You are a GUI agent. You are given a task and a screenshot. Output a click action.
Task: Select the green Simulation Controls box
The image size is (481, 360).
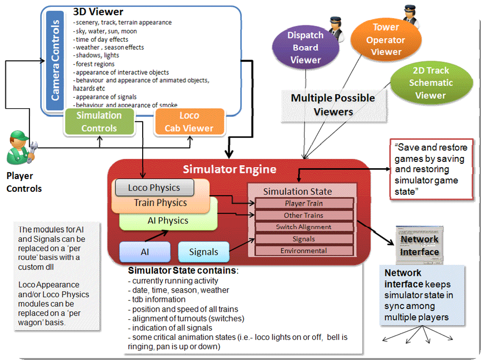click(x=99, y=122)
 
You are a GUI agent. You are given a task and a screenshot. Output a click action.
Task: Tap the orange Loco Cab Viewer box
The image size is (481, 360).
click(x=189, y=122)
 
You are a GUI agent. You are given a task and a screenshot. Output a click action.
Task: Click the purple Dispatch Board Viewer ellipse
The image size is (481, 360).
click(x=305, y=48)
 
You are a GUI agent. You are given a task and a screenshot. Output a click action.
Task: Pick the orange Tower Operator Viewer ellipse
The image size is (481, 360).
click(x=386, y=39)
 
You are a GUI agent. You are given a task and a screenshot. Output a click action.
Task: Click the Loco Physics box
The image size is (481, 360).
click(x=154, y=187)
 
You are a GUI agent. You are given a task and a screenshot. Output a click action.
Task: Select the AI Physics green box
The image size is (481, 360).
click(x=168, y=221)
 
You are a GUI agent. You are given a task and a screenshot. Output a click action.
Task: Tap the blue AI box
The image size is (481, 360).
click(x=145, y=251)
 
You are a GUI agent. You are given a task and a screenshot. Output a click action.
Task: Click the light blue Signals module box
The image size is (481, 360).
click(x=203, y=251)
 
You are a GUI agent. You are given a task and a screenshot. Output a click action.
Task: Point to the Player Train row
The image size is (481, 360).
click(x=304, y=203)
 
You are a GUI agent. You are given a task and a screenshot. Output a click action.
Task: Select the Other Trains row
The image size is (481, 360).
click(x=304, y=215)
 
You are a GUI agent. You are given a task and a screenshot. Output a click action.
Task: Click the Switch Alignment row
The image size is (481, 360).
click(x=304, y=227)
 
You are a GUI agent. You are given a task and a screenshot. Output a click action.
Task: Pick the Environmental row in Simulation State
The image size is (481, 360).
click(x=304, y=251)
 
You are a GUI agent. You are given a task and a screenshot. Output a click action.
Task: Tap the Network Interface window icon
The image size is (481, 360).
click(x=418, y=245)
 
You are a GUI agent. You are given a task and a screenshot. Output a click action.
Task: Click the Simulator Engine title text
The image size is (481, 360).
click(x=229, y=170)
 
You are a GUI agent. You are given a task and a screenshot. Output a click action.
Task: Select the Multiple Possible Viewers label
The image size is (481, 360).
click(x=333, y=105)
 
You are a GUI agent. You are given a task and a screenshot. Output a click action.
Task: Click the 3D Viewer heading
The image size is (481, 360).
click(x=98, y=12)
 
